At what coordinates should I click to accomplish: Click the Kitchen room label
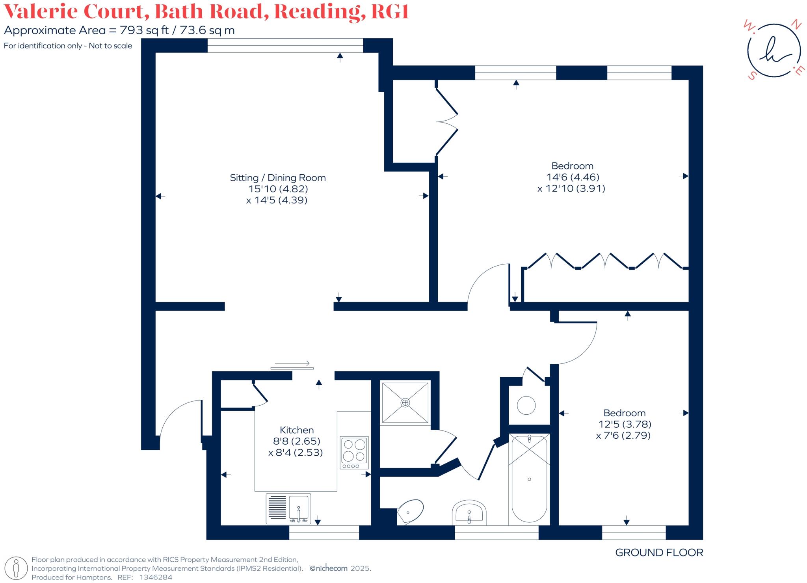pyautogui.click(x=296, y=430)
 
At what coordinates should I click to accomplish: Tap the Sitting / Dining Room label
pyautogui.click(x=278, y=178)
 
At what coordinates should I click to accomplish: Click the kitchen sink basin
pyautogui.click(x=299, y=508)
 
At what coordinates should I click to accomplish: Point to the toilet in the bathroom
pyautogui.click(x=411, y=511)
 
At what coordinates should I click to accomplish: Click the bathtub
pyautogui.click(x=529, y=479)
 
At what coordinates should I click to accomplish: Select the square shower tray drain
pyautogui.click(x=405, y=402)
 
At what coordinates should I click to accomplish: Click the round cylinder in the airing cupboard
pyautogui.click(x=526, y=405)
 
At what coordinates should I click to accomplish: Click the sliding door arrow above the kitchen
pyautogui.click(x=292, y=363)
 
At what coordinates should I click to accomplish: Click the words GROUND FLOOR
pyautogui.click(x=659, y=553)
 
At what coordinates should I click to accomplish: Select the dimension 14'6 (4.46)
pyautogui.click(x=572, y=177)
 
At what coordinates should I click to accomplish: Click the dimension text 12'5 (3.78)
pyautogui.click(x=625, y=424)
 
